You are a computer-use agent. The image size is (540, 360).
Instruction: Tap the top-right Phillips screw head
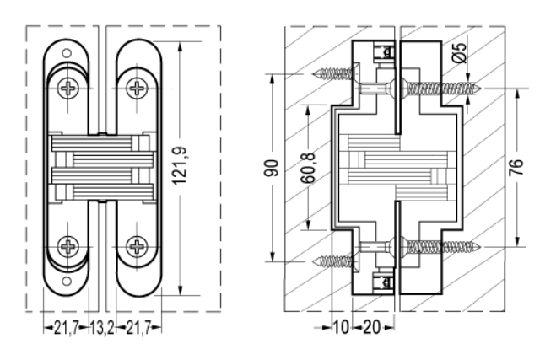pyautogui.click(x=137, y=87)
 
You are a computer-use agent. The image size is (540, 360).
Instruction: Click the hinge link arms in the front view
pyautogui.click(x=101, y=166)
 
